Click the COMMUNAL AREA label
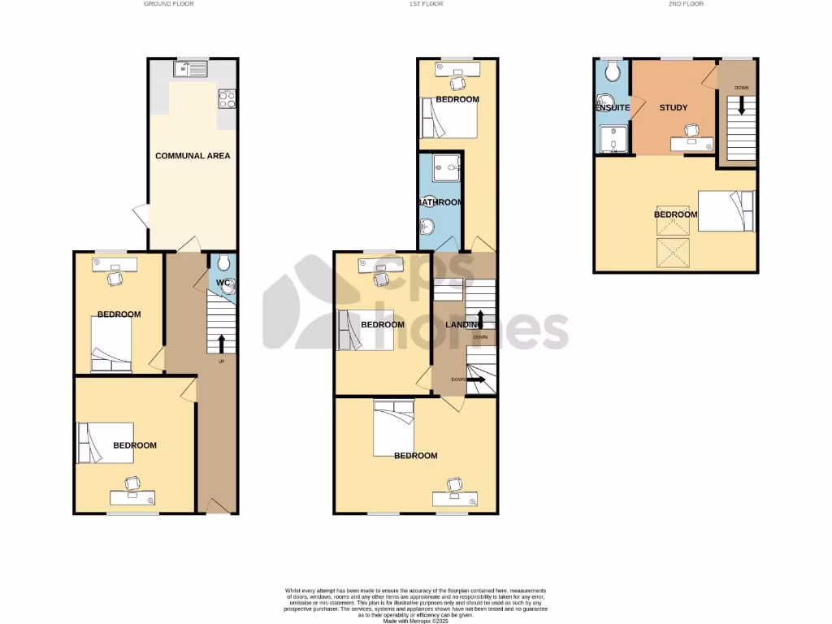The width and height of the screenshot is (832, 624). tap(193, 155)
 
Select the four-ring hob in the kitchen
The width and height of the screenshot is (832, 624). tap(227, 99)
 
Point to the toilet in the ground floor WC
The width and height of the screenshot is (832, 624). tap(223, 262)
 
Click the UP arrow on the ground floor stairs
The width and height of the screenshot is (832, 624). tap(221, 342)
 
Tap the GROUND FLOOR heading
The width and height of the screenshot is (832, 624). tap(168, 4)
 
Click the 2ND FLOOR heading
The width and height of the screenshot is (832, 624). tap(687, 4)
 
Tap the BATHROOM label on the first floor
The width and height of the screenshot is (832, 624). tap(440, 202)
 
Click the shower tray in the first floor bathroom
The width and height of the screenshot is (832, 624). tap(444, 169)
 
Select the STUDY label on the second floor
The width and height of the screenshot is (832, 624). tap(674, 107)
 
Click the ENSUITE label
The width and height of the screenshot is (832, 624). tap(612, 107)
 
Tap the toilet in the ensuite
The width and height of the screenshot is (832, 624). tap(613, 72)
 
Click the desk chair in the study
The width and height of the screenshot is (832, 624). tap(693, 129)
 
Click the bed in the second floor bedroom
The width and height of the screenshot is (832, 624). tap(726, 211)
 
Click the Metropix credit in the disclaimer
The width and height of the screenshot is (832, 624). tap(416, 620)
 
